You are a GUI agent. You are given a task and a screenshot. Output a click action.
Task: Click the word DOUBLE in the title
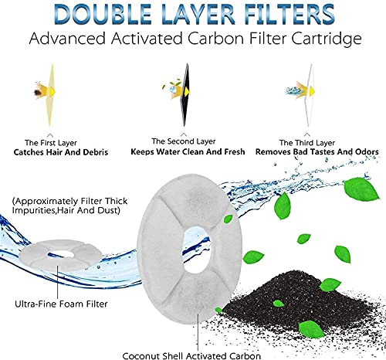tap(103, 14)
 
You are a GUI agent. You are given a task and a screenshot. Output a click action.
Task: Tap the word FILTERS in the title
tap(289, 14)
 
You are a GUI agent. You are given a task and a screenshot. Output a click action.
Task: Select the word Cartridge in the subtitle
tap(327, 39)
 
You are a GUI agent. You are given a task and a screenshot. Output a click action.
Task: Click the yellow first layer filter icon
tap(51, 95)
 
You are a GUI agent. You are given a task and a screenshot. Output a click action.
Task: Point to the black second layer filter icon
tap(185, 95)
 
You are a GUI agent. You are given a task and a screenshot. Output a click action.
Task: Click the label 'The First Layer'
tap(51, 143)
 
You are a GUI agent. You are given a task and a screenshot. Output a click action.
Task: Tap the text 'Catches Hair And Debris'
tap(61, 152)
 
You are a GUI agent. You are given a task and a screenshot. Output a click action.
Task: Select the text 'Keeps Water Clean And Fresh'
tap(188, 151)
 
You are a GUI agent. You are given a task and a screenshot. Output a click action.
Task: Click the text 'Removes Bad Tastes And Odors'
tap(317, 151)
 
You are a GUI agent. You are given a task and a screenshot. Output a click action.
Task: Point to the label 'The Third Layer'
tap(307, 143)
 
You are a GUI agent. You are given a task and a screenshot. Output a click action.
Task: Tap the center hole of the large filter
tap(198, 250)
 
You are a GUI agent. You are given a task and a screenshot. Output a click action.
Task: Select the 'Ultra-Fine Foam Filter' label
tap(61, 304)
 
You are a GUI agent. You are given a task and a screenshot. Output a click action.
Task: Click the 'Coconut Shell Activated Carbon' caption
tap(191, 355)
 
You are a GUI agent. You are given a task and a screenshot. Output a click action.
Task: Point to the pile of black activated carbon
tap(296, 299)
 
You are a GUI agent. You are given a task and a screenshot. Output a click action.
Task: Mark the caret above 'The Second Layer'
tap(184, 134)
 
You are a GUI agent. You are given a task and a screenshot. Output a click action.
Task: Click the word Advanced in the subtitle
tap(67, 39)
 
